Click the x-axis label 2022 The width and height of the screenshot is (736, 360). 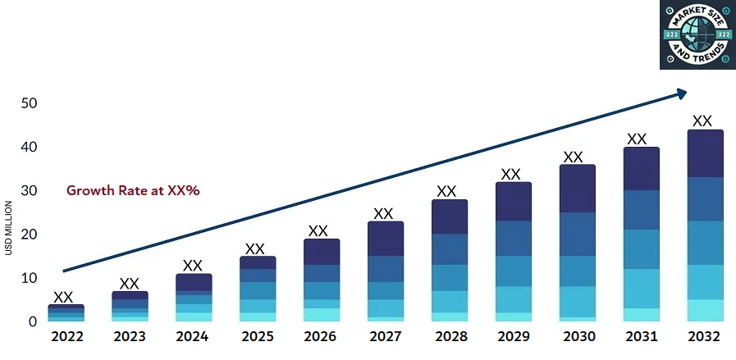[x=66, y=337]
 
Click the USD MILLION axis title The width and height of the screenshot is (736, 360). [x=8, y=228]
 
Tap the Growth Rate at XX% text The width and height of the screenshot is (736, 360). [x=134, y=190]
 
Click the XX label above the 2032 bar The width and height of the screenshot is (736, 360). [x=702, y=121]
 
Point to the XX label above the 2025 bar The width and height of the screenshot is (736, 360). [x=255, y=248]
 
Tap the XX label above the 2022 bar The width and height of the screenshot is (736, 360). [x=63, y=297]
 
